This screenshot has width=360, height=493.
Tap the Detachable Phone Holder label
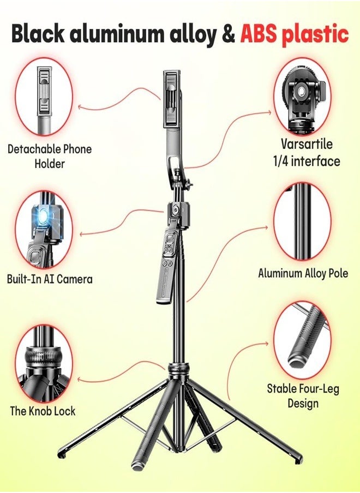click(x=50, y=156)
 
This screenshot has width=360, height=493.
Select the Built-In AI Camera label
click(x=50, y=279)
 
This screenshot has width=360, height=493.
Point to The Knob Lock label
click(x=43, y=411)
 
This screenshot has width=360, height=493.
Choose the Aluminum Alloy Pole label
click(x=303, y=273)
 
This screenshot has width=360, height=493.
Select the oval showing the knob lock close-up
click(x=43, y=362)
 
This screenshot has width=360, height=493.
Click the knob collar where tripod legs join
click(x=178, y=370)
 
